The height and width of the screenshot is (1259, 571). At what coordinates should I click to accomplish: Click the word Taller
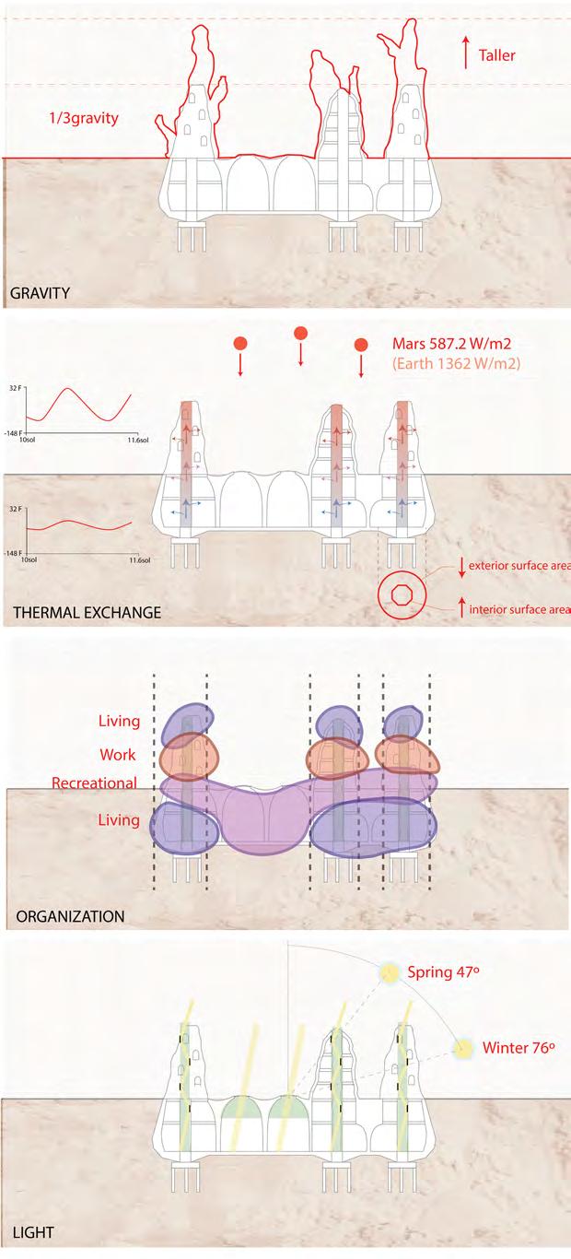[496, 55]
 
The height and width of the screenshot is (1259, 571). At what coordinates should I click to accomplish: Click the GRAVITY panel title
[41, 294]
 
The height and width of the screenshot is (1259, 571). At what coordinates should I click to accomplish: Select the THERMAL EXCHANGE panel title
[87, 612]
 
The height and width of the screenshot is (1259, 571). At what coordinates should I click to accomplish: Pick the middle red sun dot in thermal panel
[299, 333]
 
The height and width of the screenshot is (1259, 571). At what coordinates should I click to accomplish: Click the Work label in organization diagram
[119, 755]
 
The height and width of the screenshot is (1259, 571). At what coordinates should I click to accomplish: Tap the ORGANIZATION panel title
[70, 916]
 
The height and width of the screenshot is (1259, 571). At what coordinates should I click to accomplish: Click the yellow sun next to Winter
[463, 1049]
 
